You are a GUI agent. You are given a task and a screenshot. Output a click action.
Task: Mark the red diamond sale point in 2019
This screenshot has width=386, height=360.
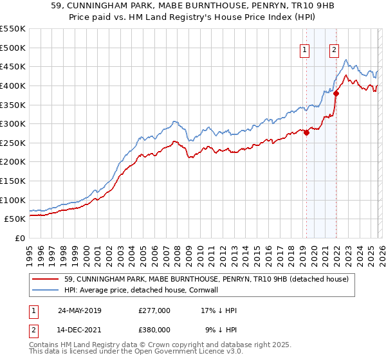306,132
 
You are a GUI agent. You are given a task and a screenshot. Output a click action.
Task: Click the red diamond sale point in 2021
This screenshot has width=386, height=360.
336,93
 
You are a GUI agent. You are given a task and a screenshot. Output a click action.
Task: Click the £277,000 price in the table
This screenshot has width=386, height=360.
154,310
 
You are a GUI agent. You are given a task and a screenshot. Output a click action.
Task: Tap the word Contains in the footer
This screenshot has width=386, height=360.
46,346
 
